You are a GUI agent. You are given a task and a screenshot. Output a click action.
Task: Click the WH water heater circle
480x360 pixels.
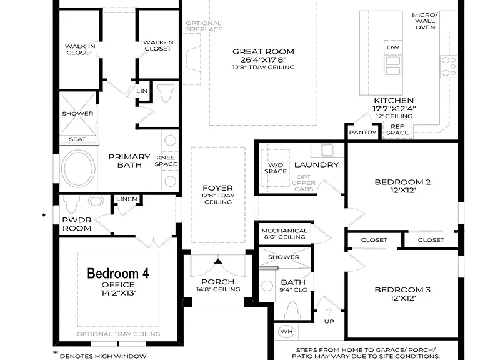point(286,331)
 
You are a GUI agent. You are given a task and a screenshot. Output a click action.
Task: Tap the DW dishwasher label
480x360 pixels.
point(393,47)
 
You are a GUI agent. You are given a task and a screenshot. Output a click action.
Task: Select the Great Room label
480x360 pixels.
point(263,51)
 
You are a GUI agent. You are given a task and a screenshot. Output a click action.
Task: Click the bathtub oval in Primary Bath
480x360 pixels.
point(78,168)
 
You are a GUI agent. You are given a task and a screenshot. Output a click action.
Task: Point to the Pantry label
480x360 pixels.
point(362,132)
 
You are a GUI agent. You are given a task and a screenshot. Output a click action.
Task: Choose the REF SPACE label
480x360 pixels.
point(397,129)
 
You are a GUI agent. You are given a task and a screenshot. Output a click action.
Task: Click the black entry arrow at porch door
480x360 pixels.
point(218,261)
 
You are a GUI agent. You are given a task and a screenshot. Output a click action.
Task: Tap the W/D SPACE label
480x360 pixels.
point(276,168)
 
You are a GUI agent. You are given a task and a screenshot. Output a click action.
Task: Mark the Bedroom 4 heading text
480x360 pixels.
point(118,273)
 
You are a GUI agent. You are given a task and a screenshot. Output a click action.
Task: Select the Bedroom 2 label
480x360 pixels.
point(402,182)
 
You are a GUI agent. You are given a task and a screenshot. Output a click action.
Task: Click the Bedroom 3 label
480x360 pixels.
point(402,290)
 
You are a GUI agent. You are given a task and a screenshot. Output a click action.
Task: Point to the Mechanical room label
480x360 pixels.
point(284,231)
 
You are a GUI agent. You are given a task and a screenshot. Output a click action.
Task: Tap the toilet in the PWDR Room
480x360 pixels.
point(72,204)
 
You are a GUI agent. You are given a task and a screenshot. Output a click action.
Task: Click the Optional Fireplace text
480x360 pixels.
point(204,26)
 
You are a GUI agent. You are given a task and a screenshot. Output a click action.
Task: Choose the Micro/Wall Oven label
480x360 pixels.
point(425,21)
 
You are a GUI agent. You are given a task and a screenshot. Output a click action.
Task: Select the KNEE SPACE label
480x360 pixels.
point(166,161)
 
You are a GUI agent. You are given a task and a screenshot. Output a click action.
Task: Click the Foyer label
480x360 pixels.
point(217,188)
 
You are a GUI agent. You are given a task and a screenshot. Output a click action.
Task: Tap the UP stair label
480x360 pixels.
point(329,321)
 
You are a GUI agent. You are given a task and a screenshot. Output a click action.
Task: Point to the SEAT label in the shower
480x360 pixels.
point(77,139)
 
